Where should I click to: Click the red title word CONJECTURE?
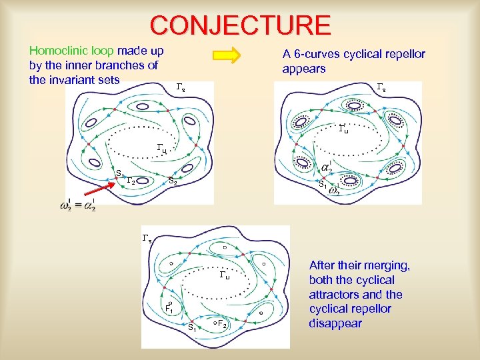pyautogui.click(x=240, y=25)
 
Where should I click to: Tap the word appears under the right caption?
pyautogui.click(x=304, y=69)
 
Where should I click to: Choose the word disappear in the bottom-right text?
pyautogui.click(x=335, y=323)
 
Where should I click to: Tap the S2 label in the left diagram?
pyautogui.click(x=172, y=181)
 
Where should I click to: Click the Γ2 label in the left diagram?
pyautogui.click(x=131, y=181)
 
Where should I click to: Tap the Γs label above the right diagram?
pyautogui.click(x=381, y=87)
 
